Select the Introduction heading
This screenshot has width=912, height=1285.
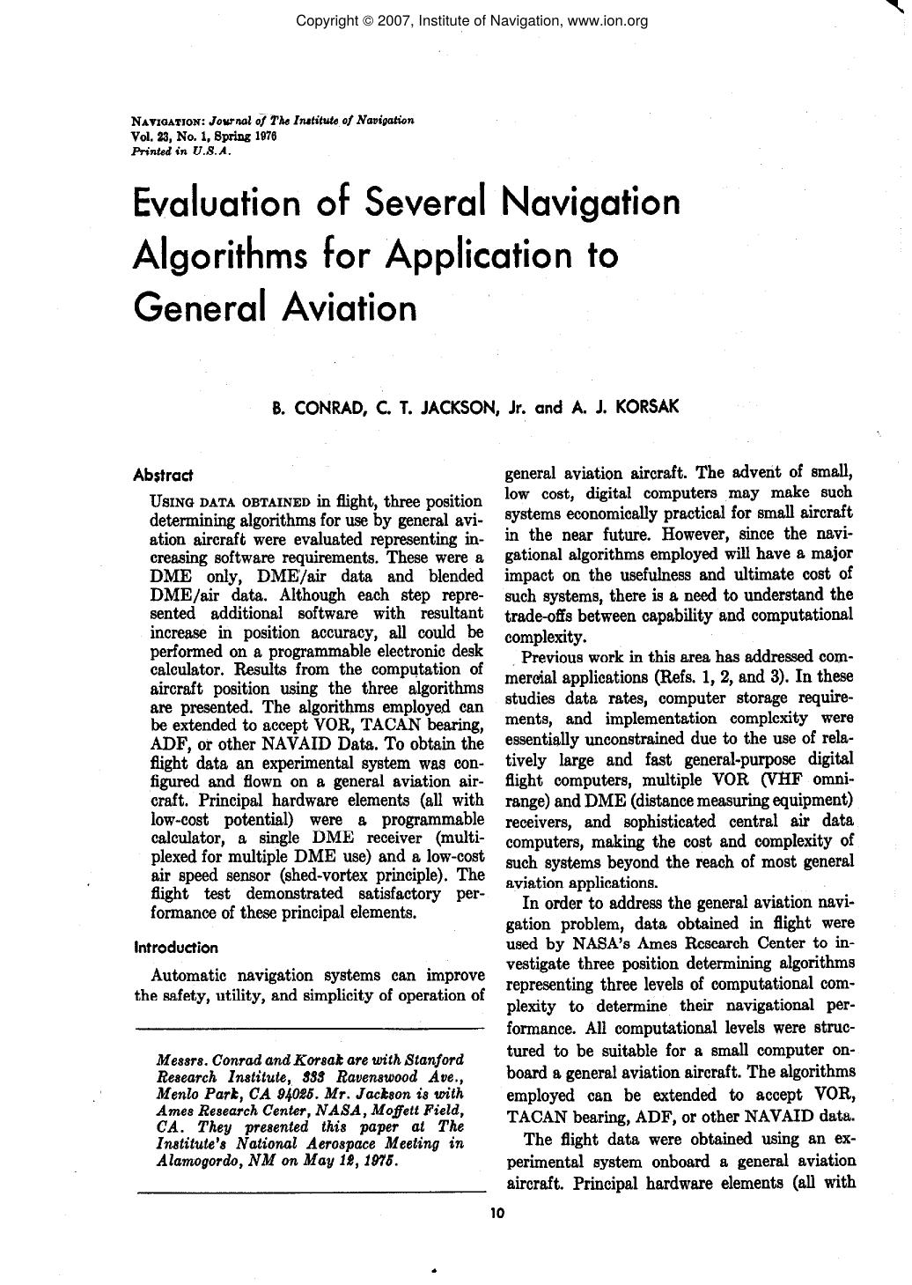click(175, 948)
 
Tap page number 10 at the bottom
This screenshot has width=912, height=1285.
click(496, 1213)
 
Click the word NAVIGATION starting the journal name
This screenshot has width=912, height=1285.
click(168, 122)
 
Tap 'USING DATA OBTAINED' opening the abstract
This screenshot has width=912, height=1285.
click(231, 502)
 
